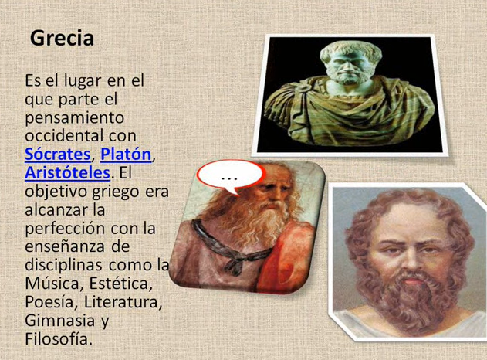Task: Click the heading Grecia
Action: [x=62, y=38]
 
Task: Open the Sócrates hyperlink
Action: [x=57, y=154]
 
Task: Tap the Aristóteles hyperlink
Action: [x=68, y=172]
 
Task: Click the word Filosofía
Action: [x=58, y=339]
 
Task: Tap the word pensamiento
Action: [x=74, y=117]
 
